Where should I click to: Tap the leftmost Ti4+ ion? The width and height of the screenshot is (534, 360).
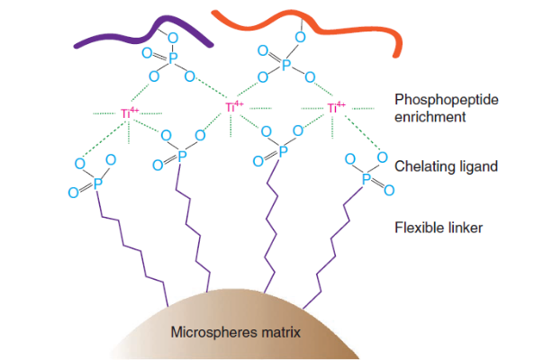130,112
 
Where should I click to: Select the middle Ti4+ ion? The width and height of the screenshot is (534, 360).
234,107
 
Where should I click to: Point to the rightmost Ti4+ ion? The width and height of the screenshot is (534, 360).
336,107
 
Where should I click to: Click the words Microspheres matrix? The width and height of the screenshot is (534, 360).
236,332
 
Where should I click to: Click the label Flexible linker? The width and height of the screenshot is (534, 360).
439,228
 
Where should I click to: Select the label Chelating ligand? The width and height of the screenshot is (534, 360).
446,166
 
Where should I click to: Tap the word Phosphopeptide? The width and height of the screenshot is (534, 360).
447,100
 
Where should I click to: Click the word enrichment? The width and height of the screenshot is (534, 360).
430,117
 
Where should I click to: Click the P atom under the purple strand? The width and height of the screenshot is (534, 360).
173,58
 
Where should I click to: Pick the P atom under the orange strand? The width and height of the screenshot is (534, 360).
286,64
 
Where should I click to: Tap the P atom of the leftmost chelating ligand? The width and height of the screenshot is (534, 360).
98,184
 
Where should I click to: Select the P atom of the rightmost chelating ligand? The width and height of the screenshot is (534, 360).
367,178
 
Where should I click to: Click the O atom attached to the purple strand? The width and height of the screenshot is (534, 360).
173,38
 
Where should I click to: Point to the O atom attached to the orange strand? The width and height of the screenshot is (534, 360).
300,37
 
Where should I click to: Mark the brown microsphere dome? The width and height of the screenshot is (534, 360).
235,327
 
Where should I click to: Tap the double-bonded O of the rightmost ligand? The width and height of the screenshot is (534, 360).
389,191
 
